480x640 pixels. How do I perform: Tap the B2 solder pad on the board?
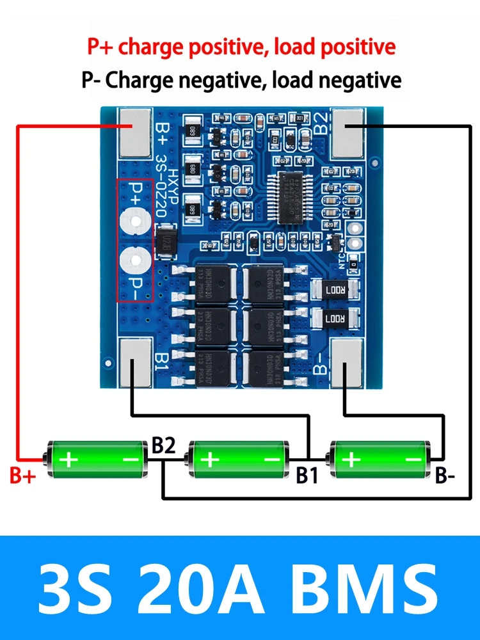(x=348, y=133)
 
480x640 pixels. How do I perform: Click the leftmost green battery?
(x=95, y=459)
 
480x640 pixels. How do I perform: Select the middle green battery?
(x=237, y=459)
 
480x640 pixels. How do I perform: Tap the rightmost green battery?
(x=380, y=459)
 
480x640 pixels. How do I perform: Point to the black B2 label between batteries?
(x=164, y=447)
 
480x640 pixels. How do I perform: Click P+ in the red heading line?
(x=101, y=47)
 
